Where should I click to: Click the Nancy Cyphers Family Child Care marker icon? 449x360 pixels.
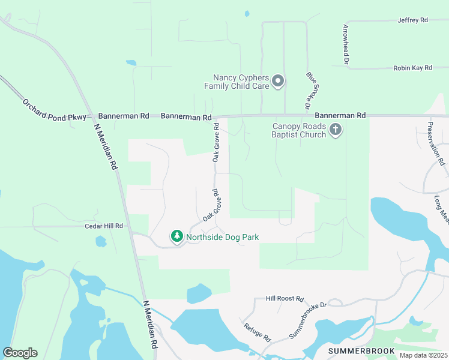[x=277, y=81]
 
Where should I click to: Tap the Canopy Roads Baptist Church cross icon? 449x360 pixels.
[x=336, y=129]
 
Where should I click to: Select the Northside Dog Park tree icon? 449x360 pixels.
[x=176, y=236]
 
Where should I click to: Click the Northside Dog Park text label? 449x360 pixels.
[x=222, y=237]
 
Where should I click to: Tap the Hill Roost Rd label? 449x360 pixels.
[x=285, y=298]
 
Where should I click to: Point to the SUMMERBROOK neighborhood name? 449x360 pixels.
[x=361, y=350]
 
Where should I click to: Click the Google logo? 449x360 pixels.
[x=20, y=353]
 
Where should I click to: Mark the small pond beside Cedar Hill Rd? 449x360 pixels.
[x=100, y=242]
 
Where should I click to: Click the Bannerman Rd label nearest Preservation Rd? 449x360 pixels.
[x=340, y=115]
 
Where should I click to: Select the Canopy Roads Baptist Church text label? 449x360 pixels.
[x=299, y=130]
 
